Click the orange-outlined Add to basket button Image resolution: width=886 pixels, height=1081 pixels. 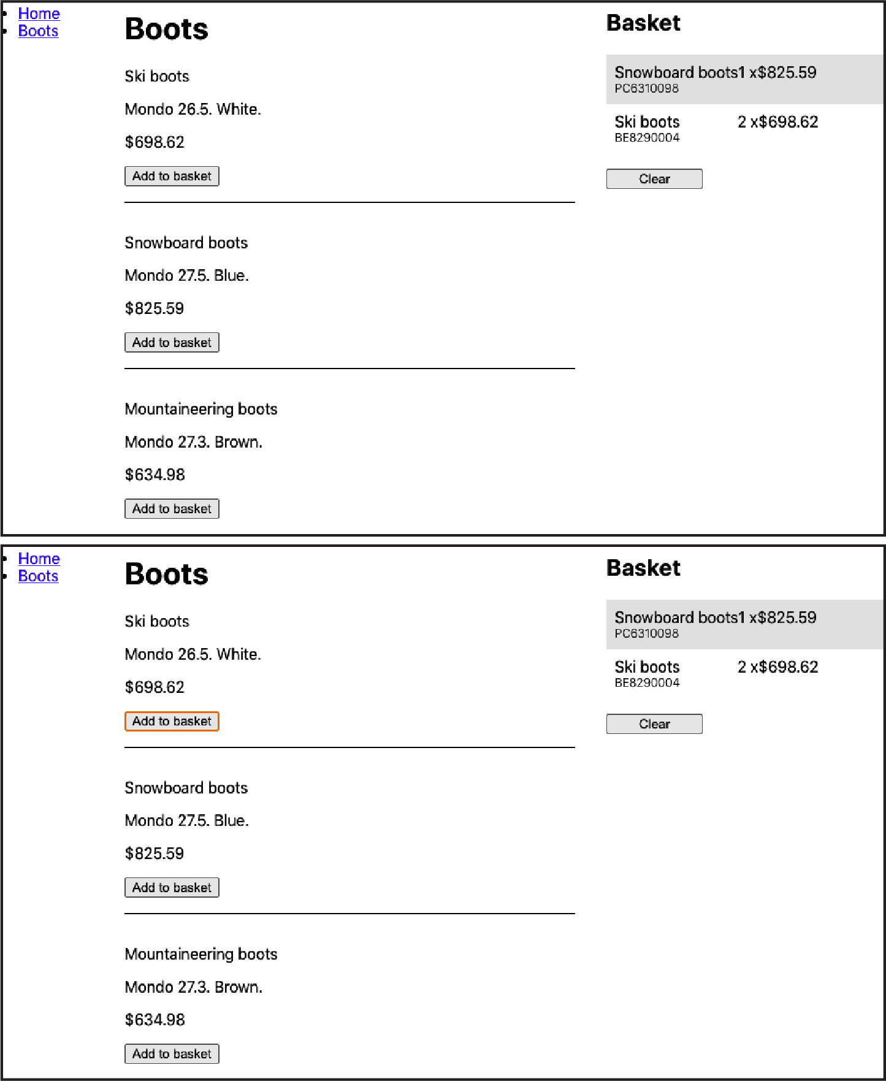click(172, 721)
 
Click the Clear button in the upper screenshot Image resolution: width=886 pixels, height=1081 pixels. click(654, 179)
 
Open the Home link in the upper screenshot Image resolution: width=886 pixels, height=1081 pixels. click(39, 13)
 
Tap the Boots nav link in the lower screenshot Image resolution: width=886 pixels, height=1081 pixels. click(38, 576)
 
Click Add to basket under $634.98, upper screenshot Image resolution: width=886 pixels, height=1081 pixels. click(172, 509)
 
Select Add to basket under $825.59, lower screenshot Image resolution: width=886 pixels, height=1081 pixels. click(172, 887)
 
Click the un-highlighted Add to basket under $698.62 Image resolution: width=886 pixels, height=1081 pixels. click(172, 177)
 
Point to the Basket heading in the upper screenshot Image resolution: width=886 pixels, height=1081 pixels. click(643, 23)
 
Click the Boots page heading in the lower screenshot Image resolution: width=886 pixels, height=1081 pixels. click(166, 574)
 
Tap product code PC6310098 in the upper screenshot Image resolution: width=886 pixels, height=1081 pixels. click(646, 88)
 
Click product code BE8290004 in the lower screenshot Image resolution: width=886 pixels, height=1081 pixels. click(647, 682)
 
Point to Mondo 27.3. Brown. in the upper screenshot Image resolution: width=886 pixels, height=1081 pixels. click(193, 442)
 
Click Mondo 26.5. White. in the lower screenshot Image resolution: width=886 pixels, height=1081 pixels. click(193, 654)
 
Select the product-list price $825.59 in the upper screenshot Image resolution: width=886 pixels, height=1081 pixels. click(154, 308)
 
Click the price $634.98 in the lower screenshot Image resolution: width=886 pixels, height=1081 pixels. click(155, 1020)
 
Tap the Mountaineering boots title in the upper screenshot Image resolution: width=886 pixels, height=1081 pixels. click(200, 409)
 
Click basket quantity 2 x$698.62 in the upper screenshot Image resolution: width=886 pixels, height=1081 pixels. click(777, 122)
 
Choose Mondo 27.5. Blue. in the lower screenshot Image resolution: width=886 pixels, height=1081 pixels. click(186, 820)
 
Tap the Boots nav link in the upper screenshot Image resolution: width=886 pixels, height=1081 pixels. click(38, 31)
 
